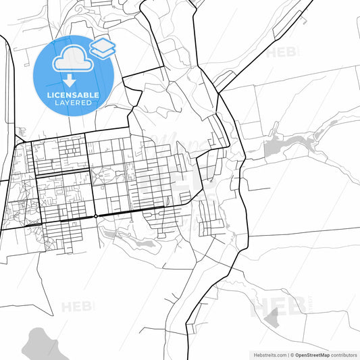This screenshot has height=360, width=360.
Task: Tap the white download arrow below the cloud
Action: point(70,80)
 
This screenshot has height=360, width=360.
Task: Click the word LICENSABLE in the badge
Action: point(72,95)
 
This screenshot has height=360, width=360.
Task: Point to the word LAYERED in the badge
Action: point(72,103)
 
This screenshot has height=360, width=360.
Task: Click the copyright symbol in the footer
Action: point(292,354)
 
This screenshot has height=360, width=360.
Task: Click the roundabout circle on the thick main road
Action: point(96,216)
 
